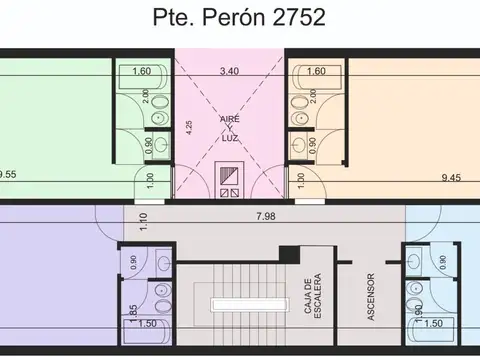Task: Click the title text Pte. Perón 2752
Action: [x=239, y=17]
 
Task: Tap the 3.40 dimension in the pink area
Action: [x=229, y=71]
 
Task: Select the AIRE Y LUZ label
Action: [x=230, y=128]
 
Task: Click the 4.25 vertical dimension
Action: [x=189, y=127]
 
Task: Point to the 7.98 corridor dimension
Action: [x=266, y=216]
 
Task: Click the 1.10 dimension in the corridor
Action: [x=143, y=222]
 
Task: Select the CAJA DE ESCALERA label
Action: [x=313, y=296]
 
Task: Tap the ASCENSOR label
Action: [x=371, y=297]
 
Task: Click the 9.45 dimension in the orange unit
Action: [x=451, y=177]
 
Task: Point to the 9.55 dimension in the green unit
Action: [x=7, y=174]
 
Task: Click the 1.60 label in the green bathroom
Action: [x=142, y=71]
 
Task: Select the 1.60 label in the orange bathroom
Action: [x=316, y=71]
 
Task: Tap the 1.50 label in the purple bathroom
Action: [x=147, y=323]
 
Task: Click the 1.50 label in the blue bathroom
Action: [x=433, y=323]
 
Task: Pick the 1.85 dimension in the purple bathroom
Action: [x=133, y=313]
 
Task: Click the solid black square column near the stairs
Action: [x=289, y=255]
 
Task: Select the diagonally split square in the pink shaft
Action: [x=229, y=176]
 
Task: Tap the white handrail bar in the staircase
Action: [x=249, y=305]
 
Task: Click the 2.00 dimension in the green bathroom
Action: [x=146, y=96]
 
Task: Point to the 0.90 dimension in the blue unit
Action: [x=443, y=262]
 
